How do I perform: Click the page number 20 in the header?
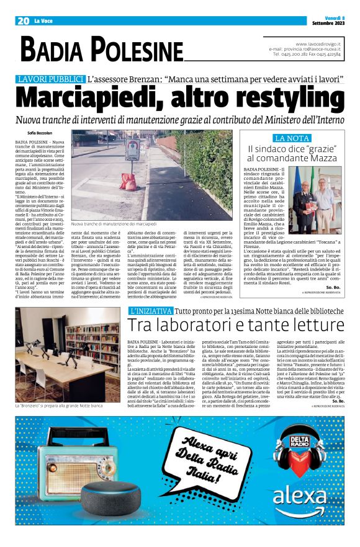pyautogui.click(x=24, y=21)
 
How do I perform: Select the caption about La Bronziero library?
pyautogui.click(x=67, y=404)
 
